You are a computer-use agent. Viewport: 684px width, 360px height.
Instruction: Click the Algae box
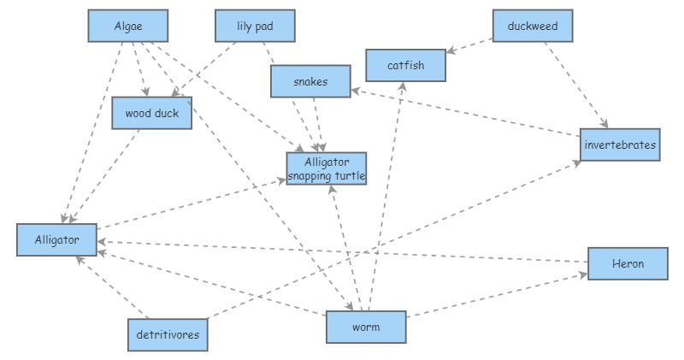click(127, 26)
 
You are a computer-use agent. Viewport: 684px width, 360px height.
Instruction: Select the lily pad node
click(254, 26)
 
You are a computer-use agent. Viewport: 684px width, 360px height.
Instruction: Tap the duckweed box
click(532, 26)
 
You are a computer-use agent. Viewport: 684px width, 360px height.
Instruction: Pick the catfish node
click(405, 65)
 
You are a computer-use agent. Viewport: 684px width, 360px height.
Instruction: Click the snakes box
click(310, 81)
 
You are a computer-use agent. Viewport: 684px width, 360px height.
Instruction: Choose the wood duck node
click(151, 112)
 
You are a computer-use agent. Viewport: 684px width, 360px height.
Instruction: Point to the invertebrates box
click(619, 145)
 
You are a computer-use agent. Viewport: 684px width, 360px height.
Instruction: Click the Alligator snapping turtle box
click(326, 168)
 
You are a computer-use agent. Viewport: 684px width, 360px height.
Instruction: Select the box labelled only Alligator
click(56, 239)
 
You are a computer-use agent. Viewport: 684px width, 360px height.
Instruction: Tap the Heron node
click(627, 263)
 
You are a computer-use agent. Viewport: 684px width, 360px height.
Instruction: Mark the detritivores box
click(168, 334)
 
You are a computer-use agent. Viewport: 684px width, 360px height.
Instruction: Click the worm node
click(365, 327)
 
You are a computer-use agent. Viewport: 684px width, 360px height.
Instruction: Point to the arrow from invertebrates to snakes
click(466, 111)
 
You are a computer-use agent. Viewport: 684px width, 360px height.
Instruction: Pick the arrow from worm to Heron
click(496, 295)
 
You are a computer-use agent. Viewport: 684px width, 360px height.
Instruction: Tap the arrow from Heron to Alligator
click(342, 251)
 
